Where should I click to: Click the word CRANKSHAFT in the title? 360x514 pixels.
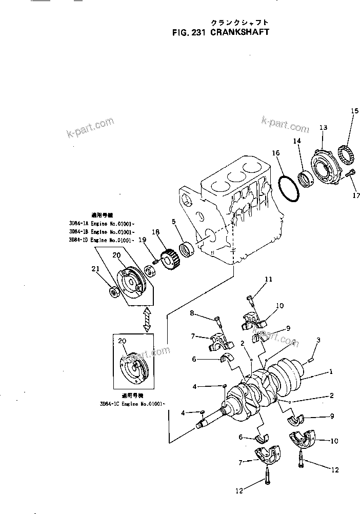pos(241,31)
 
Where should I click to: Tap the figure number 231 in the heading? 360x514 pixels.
pos(199,31)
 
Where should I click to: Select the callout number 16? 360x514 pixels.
pos(276,153)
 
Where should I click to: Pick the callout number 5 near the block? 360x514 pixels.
pos(174,222)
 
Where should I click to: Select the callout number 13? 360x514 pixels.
pos(323,127)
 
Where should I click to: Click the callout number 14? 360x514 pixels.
pos(297,141)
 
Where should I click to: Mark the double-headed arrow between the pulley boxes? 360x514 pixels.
pos(147,319)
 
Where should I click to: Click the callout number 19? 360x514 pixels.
pos(142,240)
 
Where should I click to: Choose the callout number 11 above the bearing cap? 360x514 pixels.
pos(268,279)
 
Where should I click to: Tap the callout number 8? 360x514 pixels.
pos(192,313)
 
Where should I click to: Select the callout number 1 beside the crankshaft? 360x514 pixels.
pos(331,372)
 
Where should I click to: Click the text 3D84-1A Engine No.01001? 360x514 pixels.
pos(102,224)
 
